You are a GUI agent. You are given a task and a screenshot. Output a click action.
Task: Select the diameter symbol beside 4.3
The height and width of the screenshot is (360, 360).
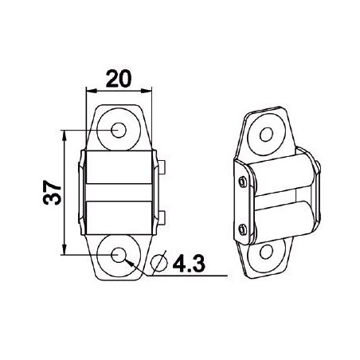click(158, 262)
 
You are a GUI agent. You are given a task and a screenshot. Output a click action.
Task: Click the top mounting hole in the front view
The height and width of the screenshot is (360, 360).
click(120, 129)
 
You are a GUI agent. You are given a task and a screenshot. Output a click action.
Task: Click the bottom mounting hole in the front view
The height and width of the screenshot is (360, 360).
click(120, 254)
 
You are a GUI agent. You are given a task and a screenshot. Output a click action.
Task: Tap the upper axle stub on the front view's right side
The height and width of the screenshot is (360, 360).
click(162, 167)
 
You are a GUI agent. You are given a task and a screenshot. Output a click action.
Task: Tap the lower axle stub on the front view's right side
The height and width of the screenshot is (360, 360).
click(162, 217)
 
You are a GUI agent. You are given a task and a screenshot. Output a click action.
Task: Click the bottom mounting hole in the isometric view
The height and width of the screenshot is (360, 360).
click(268, 256)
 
